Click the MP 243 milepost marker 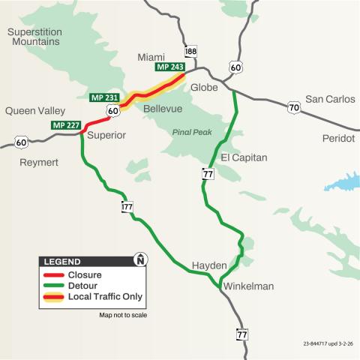coord(170,67)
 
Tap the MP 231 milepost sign coord(103,98)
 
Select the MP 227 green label coord(64,124)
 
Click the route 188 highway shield coord(191,50)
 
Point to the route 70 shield coord(294,108)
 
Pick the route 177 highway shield coord(127,205)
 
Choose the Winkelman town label coord(247,286)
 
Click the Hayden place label coord(209,265)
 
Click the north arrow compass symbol coord(139,261)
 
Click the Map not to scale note coord(123,315)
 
